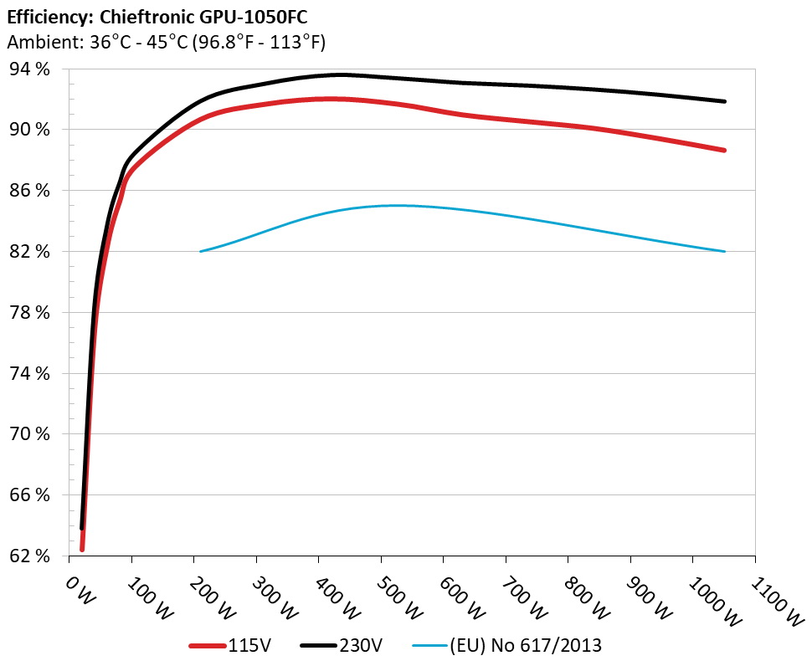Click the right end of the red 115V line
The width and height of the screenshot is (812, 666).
(724, 151)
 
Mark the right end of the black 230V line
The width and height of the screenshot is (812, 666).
(724, 101)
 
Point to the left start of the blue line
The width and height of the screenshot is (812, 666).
(201, 251)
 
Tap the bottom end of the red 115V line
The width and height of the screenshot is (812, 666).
(82, 549)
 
